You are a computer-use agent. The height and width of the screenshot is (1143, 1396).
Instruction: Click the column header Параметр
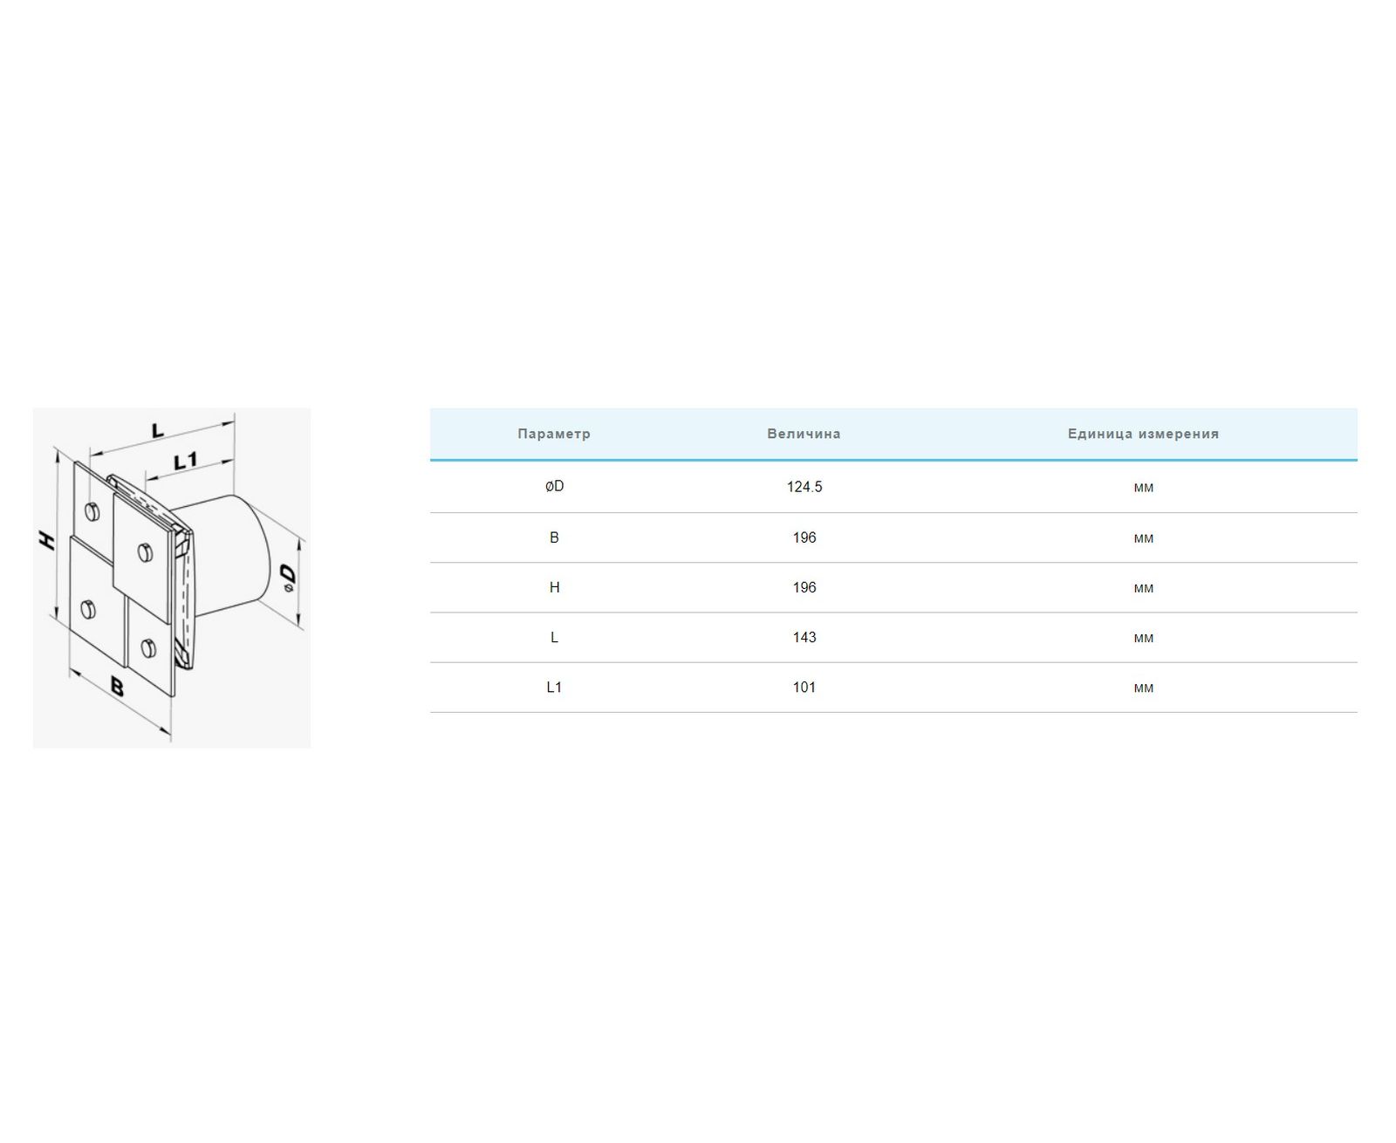553,434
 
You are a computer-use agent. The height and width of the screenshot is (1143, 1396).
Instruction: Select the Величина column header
804,434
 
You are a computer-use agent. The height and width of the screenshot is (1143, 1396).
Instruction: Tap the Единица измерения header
1143,434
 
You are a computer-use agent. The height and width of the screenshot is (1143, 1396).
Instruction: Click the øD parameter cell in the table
554,487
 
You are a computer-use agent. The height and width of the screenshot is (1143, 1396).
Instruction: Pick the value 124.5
804,487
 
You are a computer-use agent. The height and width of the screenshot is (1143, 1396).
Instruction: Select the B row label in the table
554,537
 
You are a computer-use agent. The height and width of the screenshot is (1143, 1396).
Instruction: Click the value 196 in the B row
804,537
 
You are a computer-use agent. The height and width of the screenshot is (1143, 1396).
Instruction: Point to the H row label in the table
554,587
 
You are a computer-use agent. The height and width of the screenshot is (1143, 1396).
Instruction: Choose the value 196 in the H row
804,587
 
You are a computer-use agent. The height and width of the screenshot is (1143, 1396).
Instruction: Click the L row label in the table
554,637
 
